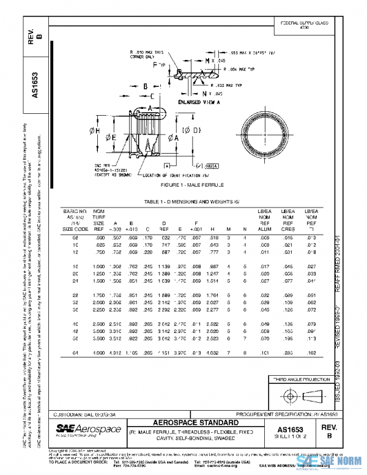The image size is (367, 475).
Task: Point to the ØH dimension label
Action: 94,130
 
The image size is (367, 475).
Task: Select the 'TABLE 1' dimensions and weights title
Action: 185,201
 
